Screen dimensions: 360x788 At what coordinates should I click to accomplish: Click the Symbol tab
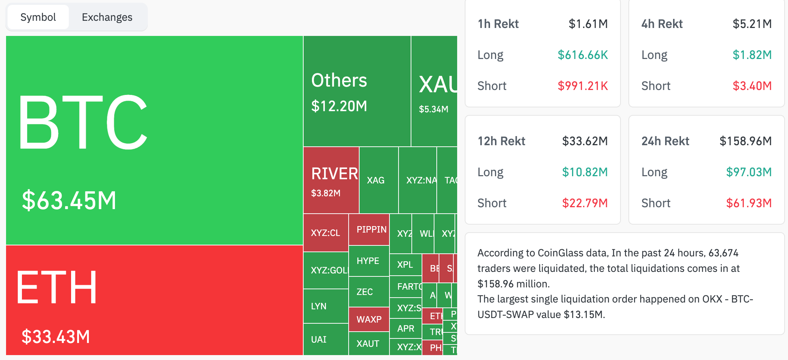[x=38, y=17]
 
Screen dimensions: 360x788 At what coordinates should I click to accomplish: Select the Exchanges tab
[x=107, y=17]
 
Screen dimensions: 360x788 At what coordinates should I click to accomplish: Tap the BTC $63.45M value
[x=69, y=200]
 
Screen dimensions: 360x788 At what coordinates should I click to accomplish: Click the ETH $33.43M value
[x=56, y=337]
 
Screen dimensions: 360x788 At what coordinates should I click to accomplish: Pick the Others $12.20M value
[x=339, y=106]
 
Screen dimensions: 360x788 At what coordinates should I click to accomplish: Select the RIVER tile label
[x=334, y=174]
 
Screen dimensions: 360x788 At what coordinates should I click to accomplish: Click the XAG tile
[x=375, y=180]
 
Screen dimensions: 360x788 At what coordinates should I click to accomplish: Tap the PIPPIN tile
[x=371, y=230]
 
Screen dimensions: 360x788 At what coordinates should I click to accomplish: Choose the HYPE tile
[x=368, y=261]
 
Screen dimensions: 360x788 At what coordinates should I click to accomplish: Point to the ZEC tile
[x=365, y=292]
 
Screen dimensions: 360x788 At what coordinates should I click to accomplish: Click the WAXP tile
[x=369, y=320]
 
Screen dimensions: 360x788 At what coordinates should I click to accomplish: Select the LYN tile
[x=319, y=306]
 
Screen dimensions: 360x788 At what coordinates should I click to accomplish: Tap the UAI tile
[x=319, y=340]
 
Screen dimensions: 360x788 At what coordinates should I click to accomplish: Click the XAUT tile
[x=368, y=344]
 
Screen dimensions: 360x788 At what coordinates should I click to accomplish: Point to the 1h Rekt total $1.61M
[x=588, y=24]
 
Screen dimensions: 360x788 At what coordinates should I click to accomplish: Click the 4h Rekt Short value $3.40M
[x=752, y=86]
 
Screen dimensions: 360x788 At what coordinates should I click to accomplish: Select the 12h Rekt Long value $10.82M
[x=585, y=172]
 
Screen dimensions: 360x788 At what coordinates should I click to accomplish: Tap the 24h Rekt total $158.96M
[x=745, y=141]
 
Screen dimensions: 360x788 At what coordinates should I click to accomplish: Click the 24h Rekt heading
[x=665, y=141]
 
